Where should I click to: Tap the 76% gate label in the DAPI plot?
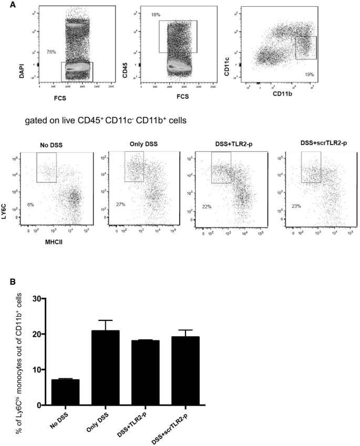tap(52, 51)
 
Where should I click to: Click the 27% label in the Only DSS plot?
tap(120, 204)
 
